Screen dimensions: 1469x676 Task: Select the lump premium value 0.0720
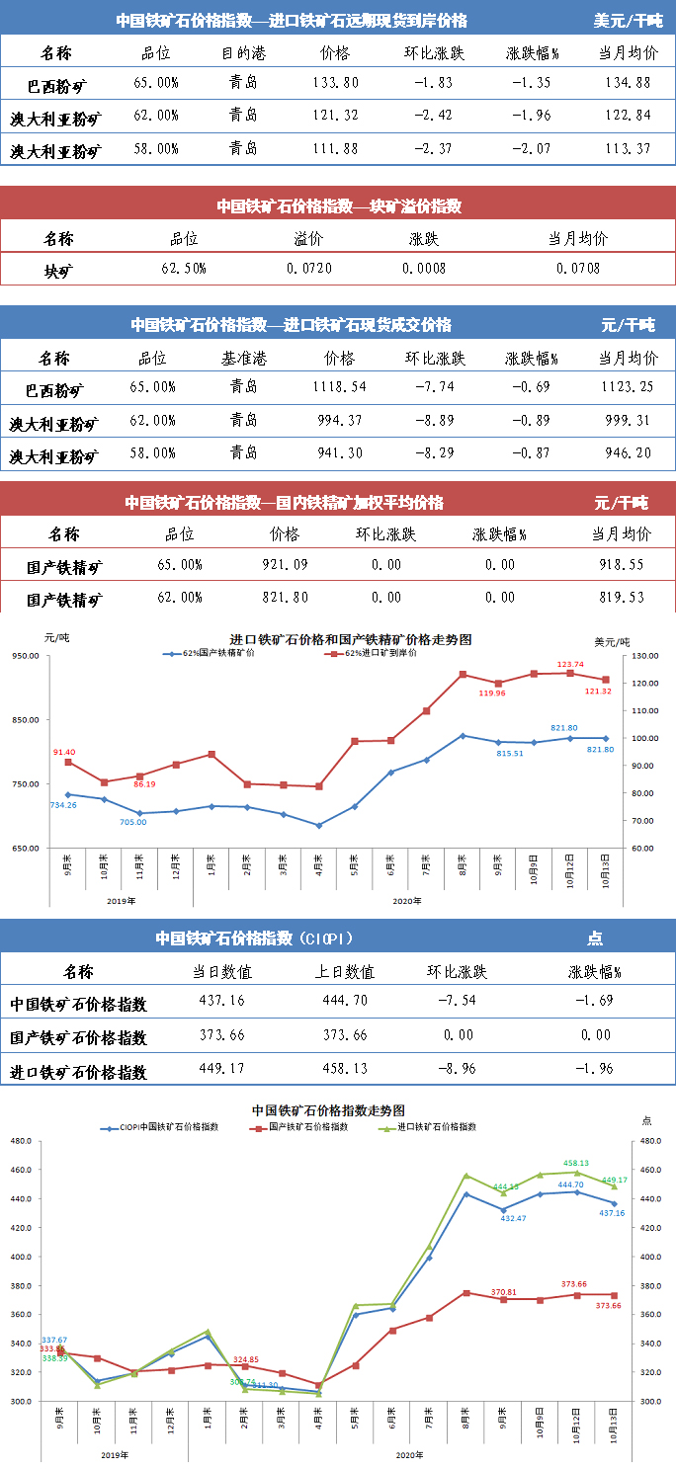(x=309, y=269)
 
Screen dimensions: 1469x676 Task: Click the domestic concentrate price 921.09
(x=284, y=565)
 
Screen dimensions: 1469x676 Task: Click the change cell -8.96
(x=458, y=1070)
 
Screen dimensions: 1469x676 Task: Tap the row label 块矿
(x=58, y=269)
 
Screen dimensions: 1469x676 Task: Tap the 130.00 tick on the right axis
(x=645, y=656)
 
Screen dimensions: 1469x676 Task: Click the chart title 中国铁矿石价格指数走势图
(x=329, y=1110)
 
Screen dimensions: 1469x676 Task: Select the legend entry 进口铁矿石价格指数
(x=439, y=1126)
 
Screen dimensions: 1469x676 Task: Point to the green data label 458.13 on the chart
(x=576, y=1164)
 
